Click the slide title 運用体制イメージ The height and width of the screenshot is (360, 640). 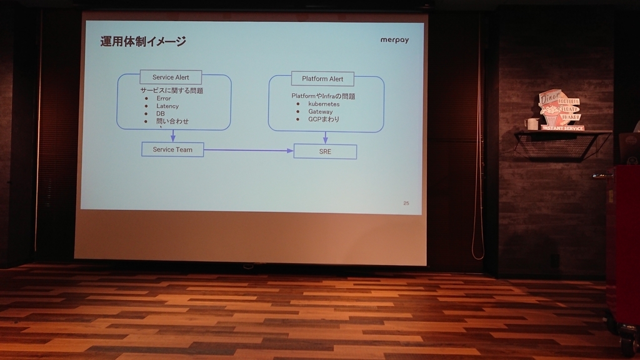pyautogui.click(x=143, y=42)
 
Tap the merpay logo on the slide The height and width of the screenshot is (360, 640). pyautogui.click(x=394, y=40)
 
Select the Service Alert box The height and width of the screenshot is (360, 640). pyautogui.click(x=171, y=77)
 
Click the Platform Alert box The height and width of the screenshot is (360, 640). pyautogui.click(x=322, y=79)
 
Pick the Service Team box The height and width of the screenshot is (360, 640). pyautogui.click(x=172, y=149)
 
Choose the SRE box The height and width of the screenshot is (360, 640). pyautogui.click(x=325, y=151)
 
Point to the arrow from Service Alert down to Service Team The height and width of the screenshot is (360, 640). pyautogui.click(x=173, y=136)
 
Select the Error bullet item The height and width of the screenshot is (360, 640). pyautogui.click(x=164, y=98)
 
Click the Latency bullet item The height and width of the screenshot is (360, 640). pyautogui.click(x=167, y=106)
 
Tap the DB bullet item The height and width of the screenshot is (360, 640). pyautogui.click(x=161, y=114)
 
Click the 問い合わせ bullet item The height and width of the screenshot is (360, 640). pyautogui.click(x=172, y=121)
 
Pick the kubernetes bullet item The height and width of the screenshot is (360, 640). pyautogui.click(x=324, y=104)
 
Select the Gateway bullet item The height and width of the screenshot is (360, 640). pyautogui.click(x=320, y=111)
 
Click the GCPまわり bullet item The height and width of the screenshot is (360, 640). pyautogui.click(x=323, y=119)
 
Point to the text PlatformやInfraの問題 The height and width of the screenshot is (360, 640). pyautogui.click(x=323, y=96)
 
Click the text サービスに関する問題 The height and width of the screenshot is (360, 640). pyautogui.click(x=172, y=91)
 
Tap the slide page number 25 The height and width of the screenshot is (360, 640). pyautogui.click(x=406, y=203)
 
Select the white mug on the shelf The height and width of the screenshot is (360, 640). pyautogui.click(x=532, y=124)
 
